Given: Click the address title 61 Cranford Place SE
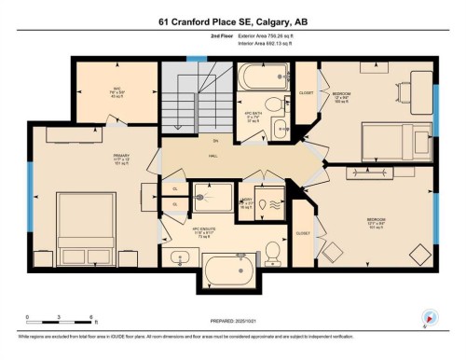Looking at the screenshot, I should (x=232, y=21).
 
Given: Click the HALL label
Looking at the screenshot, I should (x=213, y=158).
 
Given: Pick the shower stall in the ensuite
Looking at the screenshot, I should (x=212, y=198).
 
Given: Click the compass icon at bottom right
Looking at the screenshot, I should (x=431, y=317).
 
